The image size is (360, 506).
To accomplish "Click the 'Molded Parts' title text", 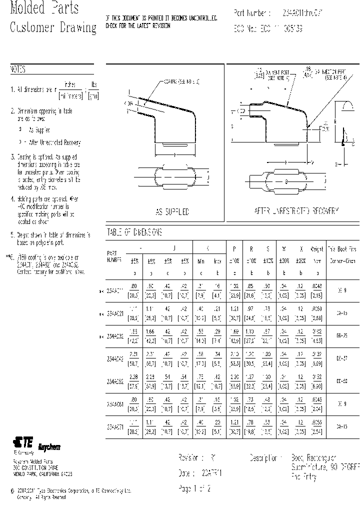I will click(x=44, y=9).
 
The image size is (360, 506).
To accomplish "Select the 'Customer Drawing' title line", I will click(x=52, y=27).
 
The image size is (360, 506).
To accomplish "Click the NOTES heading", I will click(x=17, y=70).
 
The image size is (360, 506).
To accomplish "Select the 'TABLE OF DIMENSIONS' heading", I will click(x=134, y=232).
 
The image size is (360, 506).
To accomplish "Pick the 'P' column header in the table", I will click(x=234, y=248).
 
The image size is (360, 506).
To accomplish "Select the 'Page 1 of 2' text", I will click(x=194, y=489).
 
